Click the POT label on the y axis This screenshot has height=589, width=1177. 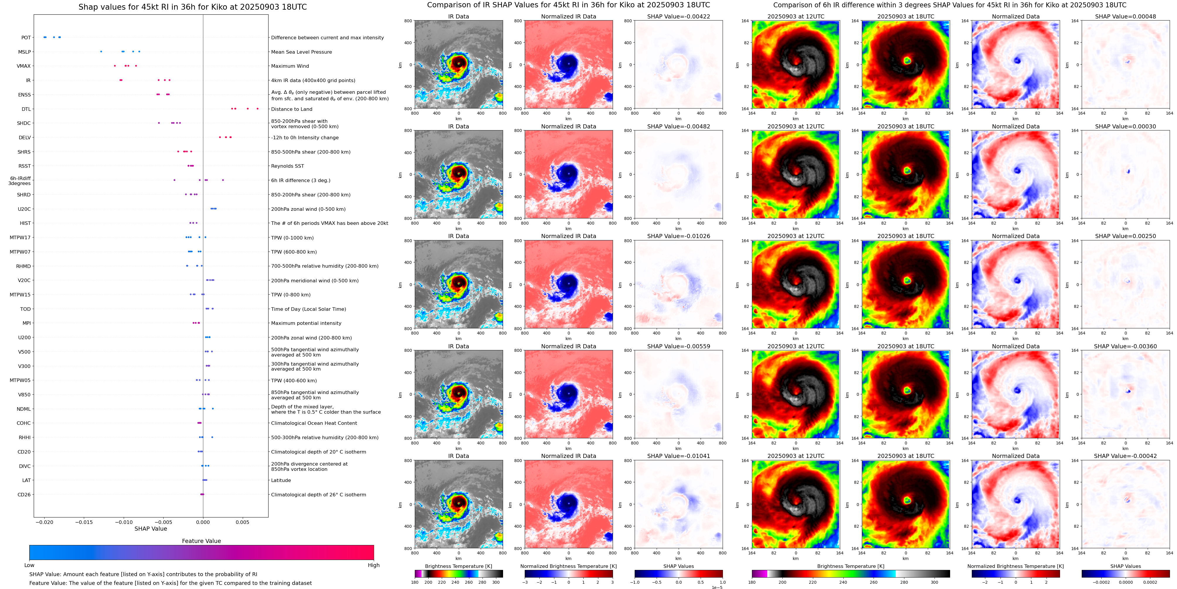26,38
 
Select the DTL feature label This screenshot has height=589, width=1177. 26,109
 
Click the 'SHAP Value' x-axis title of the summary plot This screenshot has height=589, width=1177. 151,529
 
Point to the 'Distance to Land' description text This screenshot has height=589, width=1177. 291,109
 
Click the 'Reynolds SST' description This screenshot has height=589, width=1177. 287,166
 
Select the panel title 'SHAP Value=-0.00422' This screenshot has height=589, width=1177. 679,16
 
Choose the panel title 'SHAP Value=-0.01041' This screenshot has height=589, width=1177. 679,456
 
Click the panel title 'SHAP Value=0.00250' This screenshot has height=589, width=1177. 1125,236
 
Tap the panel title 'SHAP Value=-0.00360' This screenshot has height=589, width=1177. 1125,346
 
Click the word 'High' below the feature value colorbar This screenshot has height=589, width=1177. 374,565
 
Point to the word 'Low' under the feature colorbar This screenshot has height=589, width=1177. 29,565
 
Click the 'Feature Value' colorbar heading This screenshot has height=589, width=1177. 201,541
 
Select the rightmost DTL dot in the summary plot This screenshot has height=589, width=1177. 258,109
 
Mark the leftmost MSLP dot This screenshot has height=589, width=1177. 101,52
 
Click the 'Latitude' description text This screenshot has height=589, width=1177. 281,480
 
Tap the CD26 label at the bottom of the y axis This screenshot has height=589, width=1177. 24,494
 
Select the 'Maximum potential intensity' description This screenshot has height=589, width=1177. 306,323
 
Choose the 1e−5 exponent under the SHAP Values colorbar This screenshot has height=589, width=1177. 717,587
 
